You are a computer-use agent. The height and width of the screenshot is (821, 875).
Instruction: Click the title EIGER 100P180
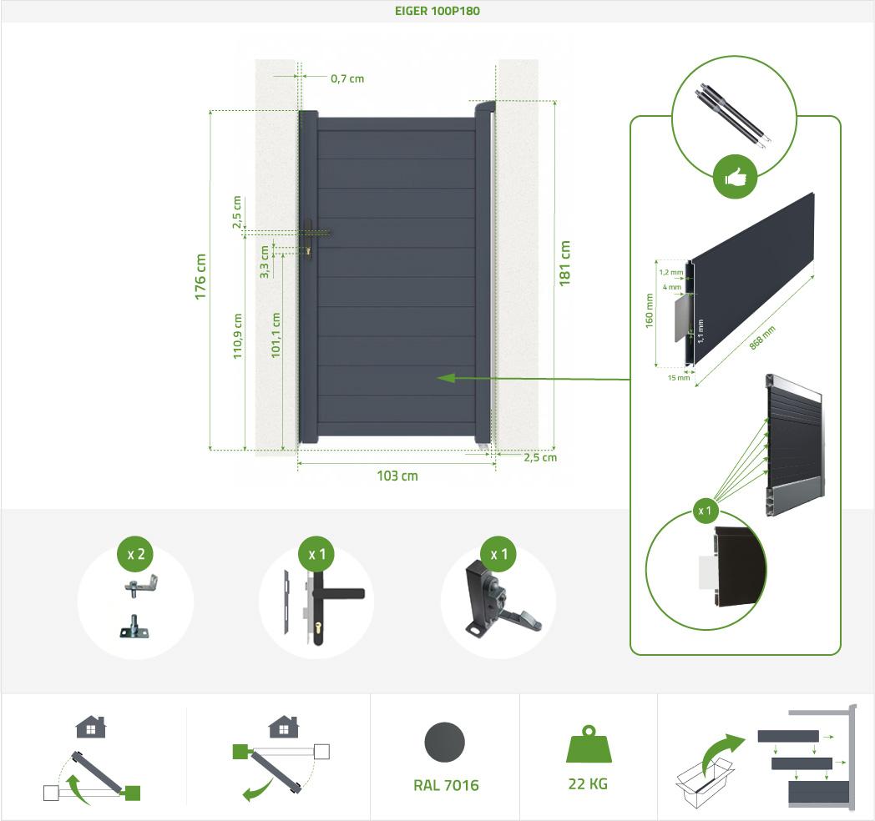coord(437,12)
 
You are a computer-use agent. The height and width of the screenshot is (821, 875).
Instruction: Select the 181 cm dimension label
coord(565,263)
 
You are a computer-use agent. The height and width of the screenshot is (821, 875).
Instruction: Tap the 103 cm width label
coord(397,476)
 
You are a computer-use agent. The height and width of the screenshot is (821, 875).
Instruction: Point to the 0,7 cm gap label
coord(347,78)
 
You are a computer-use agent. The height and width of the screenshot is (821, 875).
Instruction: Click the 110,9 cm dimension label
coord(238,336)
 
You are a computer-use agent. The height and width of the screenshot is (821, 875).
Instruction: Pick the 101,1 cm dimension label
coord(276,335)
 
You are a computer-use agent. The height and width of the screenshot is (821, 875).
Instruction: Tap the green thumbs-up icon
coord(735,177)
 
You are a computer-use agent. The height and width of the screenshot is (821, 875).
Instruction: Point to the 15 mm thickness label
coord(679,377)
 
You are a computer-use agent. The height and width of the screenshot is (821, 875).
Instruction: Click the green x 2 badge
coord(134,554)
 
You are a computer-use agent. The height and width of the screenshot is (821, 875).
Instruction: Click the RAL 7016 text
coord(446,785)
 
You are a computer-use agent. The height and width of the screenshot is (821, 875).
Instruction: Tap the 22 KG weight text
coord(587,784)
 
